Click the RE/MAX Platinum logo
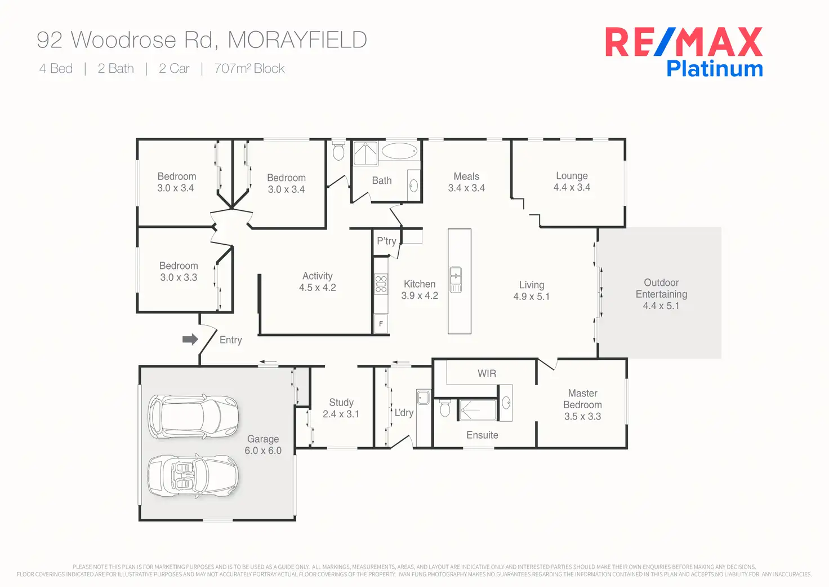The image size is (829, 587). [684, 52]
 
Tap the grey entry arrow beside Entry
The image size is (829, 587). [190, 339]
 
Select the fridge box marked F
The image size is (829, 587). [381, 324]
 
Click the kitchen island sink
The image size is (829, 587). [456, 280]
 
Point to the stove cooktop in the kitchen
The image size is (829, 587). [381, 284]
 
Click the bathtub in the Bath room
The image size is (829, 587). [399, 151]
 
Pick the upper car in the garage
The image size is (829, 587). [193, 416]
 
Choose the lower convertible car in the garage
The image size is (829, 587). [193, 476]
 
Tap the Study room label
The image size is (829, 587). [341, 403]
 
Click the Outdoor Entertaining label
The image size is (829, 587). [661, 288]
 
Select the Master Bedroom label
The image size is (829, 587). [582, 399]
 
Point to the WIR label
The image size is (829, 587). [487, 373]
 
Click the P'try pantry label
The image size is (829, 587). [386, 241]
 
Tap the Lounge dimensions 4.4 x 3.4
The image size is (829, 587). [572, 188]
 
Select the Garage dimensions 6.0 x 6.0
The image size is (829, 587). [263, 451]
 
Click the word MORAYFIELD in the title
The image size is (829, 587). [297, 40]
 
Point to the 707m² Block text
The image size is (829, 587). [249, 69]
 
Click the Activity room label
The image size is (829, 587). [318, 276]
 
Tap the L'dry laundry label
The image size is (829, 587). [404, 412]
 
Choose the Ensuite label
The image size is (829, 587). [482, 435]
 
